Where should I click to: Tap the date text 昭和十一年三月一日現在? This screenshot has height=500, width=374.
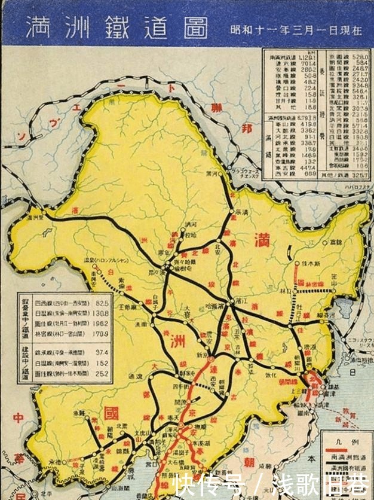[x=296, y=30]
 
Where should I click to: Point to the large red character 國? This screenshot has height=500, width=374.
[x=111, y=413]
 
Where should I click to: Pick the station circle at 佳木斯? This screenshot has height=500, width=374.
[x=297, y=263]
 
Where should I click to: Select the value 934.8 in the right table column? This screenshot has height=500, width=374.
[x=359, y=85]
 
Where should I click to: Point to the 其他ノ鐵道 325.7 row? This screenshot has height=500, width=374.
[x=347, y=174]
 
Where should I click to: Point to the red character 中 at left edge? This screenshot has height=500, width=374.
[x=17, y=417]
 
